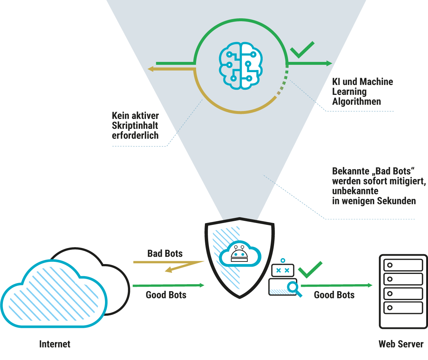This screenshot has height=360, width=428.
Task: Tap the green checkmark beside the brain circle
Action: point(302,50)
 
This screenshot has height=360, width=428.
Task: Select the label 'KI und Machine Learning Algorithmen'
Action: point(362,92)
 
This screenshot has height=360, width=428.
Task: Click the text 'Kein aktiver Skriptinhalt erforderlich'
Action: point(135,126)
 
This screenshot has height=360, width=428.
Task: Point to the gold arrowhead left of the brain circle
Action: point(151,69)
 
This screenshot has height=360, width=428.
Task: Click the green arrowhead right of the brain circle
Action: point(328,63)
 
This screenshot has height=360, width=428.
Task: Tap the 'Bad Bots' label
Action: point(165,253)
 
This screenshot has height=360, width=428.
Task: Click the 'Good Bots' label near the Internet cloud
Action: point(166,295)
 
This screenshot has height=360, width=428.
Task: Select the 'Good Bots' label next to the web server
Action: point(334,295)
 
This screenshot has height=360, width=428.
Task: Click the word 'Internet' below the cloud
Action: point(55,344)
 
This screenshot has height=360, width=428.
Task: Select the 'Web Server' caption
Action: point(401,344)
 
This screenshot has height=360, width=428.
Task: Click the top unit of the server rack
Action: point(403,265)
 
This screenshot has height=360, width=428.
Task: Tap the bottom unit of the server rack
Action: point(403,307)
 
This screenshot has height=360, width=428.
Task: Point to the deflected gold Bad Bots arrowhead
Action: point(169,270)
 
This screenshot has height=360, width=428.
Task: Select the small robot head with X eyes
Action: point(282,270)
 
